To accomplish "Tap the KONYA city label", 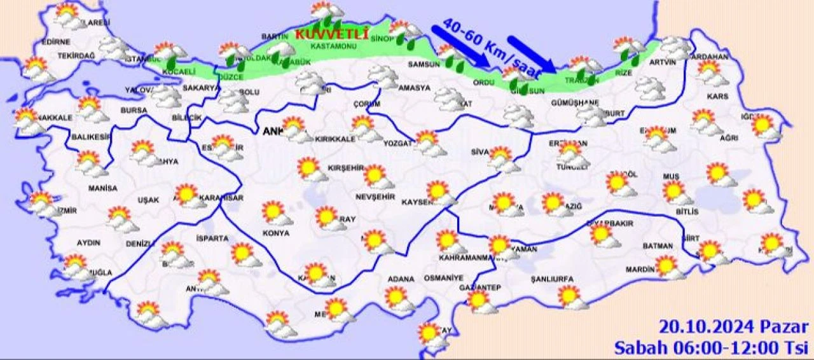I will pos(275,233).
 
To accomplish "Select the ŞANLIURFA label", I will pos(552,279).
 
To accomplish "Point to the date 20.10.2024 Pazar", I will pos(733,327).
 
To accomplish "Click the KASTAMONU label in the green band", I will pos(332,46).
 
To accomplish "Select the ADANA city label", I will pos(401,279).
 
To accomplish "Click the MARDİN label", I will pos(640,270).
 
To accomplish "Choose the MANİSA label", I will pos(103,189).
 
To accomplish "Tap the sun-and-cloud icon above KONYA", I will pos(277,213).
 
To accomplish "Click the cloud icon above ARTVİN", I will pos(675,47).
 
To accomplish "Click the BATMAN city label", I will pos(658,246).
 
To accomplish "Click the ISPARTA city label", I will pos(212,239).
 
